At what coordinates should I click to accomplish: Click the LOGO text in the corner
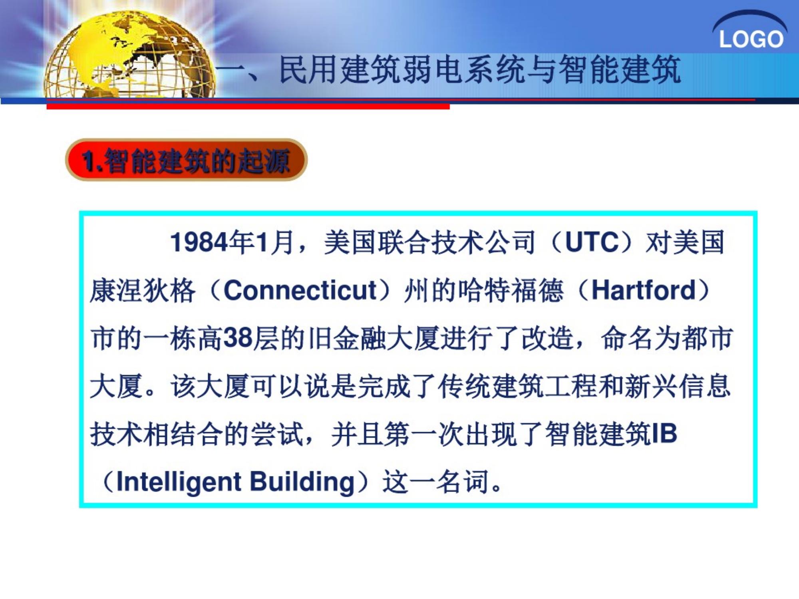click(751, 40)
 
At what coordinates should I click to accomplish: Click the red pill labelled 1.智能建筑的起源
click(186, 161)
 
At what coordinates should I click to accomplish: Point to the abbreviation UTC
click(591, 242)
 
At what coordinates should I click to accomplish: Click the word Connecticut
click(300, 290)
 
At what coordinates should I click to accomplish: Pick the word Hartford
click(644, 290)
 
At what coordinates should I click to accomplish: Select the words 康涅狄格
click(143, 290)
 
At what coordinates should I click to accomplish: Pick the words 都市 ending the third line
click(707, 338)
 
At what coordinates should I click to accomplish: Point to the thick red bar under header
click(248, 106)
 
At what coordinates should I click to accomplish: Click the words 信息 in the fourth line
click(705, 386)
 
